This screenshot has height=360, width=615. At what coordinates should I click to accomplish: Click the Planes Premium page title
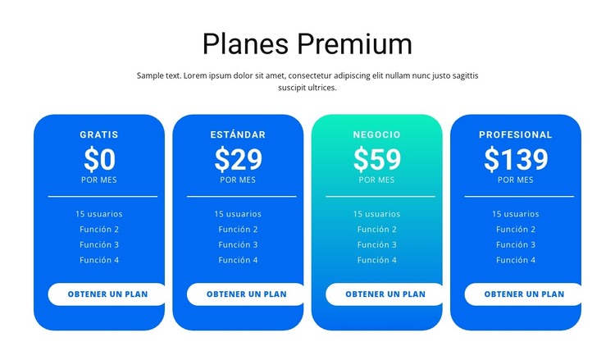[x=307, y=43]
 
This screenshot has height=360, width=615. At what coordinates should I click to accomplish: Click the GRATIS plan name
[x=99, y=134]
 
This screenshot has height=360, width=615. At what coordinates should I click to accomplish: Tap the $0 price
[x=99, y=159]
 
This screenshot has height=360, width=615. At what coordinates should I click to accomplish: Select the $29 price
[x=238, y=159]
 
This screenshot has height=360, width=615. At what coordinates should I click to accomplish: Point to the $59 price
[x=377, y=159]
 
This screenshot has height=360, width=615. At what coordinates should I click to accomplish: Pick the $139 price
[x=516, y=159]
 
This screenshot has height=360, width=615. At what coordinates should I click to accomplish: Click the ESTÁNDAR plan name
[x=238, y=134]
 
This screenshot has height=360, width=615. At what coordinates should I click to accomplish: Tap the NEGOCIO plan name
[x=377, y=134]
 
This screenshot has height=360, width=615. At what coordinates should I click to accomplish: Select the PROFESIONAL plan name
[x=516, y=134]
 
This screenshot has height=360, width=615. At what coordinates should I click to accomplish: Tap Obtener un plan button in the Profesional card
[x=523, y=294]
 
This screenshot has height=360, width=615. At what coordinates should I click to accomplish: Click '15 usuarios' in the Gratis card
[x=99, y=214]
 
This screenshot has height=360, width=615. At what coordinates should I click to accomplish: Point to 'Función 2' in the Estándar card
[x=238, y=230]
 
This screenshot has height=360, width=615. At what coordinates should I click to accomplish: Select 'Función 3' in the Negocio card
[x=377, y=244]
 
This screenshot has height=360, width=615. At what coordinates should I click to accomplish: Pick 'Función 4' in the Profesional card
[x=516, y=260]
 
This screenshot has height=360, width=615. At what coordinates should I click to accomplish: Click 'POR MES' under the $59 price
[x=377, y=180]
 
